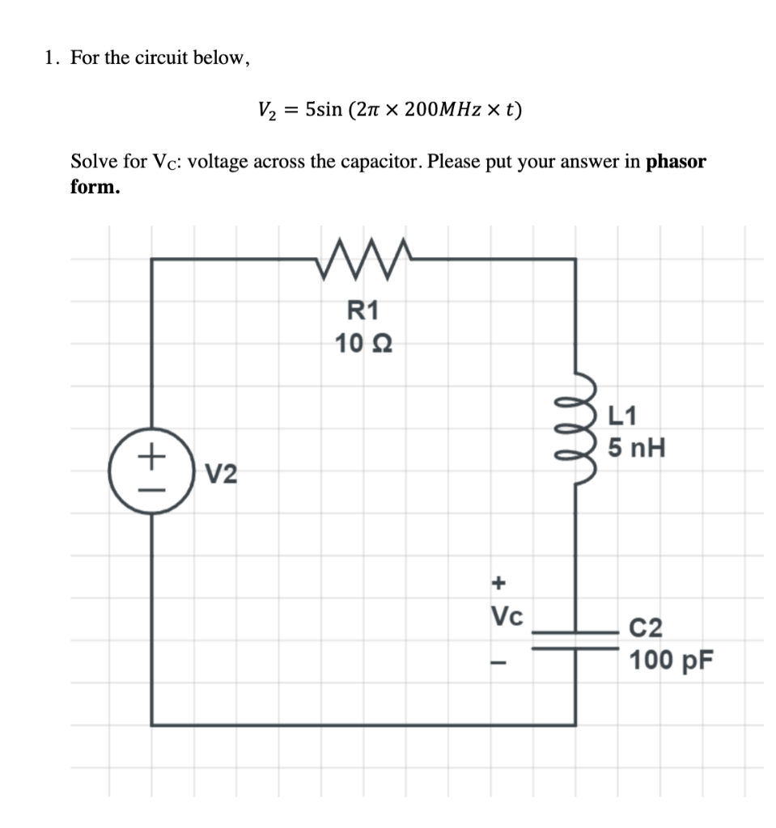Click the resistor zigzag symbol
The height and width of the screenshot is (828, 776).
coord(364,259)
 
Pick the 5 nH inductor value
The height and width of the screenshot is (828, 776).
coord(638,447)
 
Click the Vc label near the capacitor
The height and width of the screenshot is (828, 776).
coord(507,617)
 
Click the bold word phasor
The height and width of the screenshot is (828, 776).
coord(676,161)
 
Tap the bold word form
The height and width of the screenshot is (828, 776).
coord(95,187)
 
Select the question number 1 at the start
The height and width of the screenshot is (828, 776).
coord(52,58)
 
